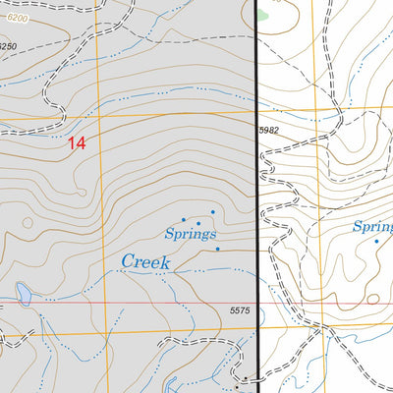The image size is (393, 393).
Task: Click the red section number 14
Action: pos(77,142)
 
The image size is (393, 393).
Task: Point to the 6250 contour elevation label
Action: pos(9,46)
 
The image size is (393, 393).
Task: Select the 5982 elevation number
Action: pos(273,131)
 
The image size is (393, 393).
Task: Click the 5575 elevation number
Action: pos(242,310)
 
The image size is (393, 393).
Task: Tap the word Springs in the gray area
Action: pos(190,234)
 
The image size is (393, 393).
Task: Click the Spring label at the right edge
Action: pos(372,227)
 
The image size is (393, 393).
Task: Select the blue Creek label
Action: pos(145,261)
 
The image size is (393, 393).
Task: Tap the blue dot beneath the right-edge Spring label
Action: pos(375,241)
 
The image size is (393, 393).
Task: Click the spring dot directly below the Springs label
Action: pos(218,249)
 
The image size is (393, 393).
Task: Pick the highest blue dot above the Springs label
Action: pos(212,211)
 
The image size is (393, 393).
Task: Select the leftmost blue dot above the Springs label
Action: pos(183,220)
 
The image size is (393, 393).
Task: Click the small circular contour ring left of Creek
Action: pos(27,222)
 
